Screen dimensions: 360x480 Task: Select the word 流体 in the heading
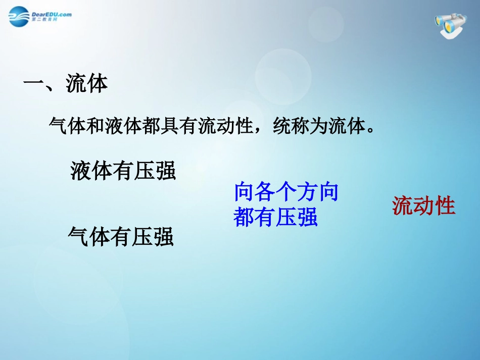click(x=87, y=84)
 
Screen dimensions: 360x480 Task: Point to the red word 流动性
click(x=423, y=206)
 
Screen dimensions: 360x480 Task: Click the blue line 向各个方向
click(x=286, y=192)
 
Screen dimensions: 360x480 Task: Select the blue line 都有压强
click(x=275, y=217)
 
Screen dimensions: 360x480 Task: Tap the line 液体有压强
click(x=123, y=171)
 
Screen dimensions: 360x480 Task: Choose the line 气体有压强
click(x=121, y=236)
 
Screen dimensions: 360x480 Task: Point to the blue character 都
click(x=244, y=217)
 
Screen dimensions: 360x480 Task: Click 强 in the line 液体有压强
click(x=165, y=171)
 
